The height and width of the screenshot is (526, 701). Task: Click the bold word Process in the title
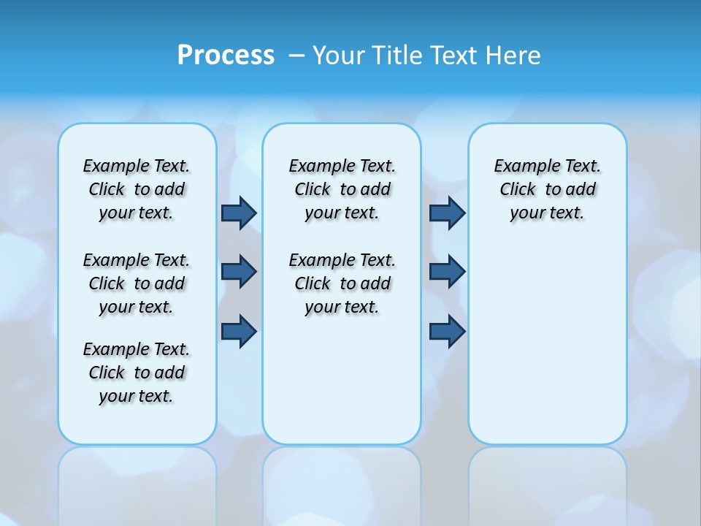(226, 55)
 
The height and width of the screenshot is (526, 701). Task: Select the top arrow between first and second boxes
(239, 213)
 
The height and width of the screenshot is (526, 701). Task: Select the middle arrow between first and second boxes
(239, 272)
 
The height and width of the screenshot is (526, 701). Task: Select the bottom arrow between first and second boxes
(239, 332)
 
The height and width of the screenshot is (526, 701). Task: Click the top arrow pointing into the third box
(447, 213)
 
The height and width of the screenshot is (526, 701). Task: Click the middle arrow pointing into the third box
(447, 272)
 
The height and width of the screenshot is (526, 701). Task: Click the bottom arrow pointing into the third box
(447, 332)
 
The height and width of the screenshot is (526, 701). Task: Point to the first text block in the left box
(137, 189)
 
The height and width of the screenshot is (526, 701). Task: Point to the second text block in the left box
(137, 283)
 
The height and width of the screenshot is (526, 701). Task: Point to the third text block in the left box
(137, 373)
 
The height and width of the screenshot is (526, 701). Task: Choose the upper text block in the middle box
(342, 189)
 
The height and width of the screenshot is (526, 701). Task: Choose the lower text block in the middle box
(342, 283)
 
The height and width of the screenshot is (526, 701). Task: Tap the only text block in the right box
(548, 189)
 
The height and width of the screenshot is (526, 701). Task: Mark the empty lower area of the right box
(548, 343)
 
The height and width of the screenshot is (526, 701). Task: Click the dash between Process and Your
(296, 55)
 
